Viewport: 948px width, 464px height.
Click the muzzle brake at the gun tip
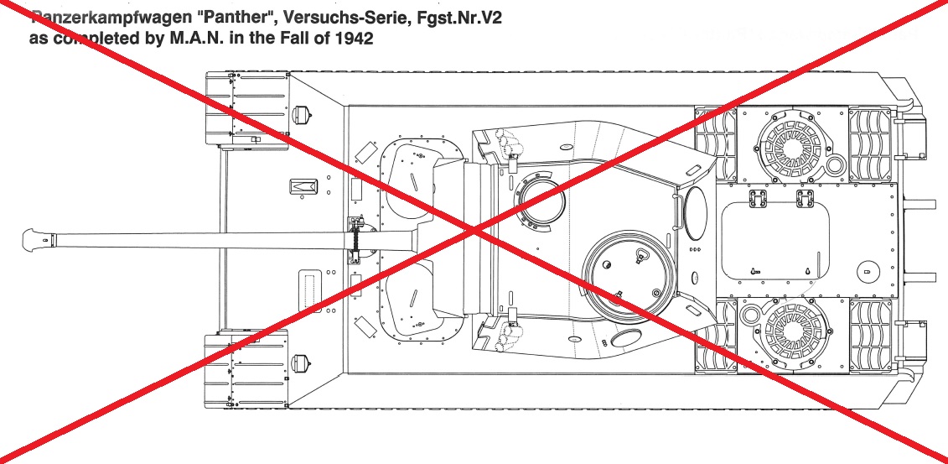(x=38, y=239)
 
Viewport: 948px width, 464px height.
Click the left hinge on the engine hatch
(x=758, y=198)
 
